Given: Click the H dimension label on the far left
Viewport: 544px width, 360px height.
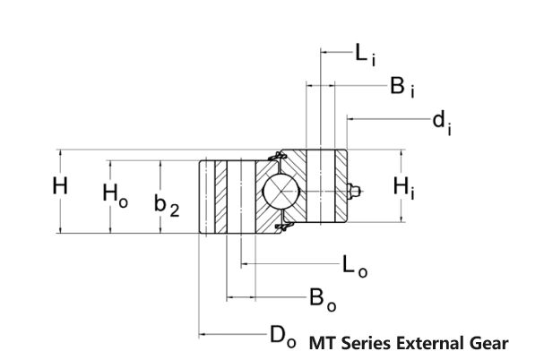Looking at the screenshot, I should click(x=60, y=187).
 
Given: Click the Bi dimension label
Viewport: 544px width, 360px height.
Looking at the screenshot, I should click(x=401, y=86).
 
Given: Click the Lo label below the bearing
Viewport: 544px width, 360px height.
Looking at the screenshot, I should click(x=356, y=265).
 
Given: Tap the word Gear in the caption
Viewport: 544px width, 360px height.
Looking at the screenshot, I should click(x=491, y=343).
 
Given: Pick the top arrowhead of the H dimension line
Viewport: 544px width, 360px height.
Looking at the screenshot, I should click(x=60, y=153).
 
